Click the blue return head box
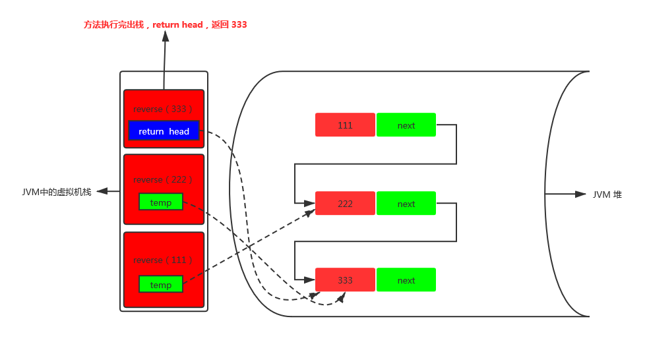[x=164, y=131]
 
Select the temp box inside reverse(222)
[x=161, y=202]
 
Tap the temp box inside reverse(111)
[x=161, y=285]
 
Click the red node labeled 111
[x=345, y=125]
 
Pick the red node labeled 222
[x=345, y=203]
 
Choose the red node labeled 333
[x=345, y=280]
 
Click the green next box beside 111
[x=406, y=125]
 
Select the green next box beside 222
[x=406, y=203]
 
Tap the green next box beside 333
[x=406, y=280]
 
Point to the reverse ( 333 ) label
[x=163, y=109]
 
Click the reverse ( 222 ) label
[x=163, y=180]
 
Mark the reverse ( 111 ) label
[x=163, y=260]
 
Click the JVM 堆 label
[x=607, y=195]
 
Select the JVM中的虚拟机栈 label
[x=57, y=192]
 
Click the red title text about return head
[x=165, y=25]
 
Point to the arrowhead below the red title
[x=166, y=36]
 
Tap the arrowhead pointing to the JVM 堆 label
[x=580, y=195]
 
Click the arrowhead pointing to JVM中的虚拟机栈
[x=102, y=191]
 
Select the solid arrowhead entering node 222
[x=309, y=203]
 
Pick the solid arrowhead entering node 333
[x=309, y=280]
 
